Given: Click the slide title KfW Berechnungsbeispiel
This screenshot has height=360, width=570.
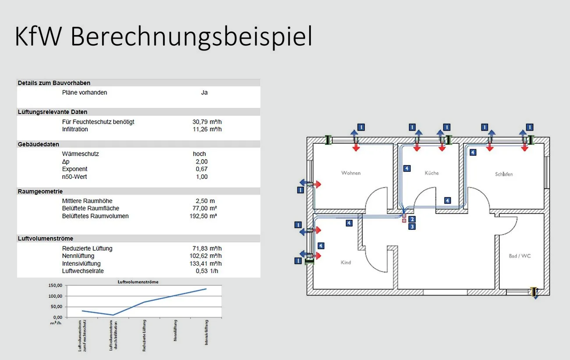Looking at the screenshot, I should point(163,37).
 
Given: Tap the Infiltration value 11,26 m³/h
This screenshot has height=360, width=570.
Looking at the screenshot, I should point(207,129).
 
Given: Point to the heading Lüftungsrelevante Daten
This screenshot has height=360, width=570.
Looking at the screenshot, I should point(52,112).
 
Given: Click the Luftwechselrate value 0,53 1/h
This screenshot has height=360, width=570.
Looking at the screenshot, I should point(207,271).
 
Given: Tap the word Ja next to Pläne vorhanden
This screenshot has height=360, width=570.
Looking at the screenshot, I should point(204,93).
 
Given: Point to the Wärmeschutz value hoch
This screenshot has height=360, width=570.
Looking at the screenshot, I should point(199,154).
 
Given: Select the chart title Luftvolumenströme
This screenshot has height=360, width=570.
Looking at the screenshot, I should point(138,282).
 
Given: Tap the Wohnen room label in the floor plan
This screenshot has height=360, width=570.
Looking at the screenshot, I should point(351,173).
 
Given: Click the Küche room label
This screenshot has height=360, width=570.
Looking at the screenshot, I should point(431,173).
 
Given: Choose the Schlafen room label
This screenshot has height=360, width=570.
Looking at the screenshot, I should point(503,174).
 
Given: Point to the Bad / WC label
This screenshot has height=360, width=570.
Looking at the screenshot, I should point(520,256).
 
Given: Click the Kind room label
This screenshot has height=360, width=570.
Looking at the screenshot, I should point(346,262).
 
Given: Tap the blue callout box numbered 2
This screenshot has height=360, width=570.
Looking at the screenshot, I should point(412,219).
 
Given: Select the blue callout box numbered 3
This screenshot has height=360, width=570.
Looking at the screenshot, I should point(412,227).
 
